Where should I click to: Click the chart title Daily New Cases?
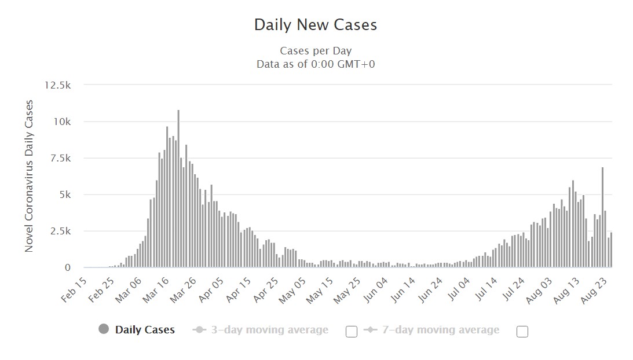(x=316, y=25)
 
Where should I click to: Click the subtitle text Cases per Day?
(x=316, y=51)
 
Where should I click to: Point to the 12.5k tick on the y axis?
(x=57, y=85)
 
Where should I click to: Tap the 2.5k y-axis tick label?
(x=59, y=231)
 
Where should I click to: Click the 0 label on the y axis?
(x=67, y=267)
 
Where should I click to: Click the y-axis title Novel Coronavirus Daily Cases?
(x=29, y=176)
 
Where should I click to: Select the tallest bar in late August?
(x=603, y=217)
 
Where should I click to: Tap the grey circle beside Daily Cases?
(x=104, y=329)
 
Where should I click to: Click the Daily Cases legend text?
(x=145, y=330)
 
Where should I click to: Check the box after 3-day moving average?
(x=351, y=332)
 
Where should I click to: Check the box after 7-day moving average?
(x=522, y=332)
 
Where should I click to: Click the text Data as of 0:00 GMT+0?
(x=316, y=64)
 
